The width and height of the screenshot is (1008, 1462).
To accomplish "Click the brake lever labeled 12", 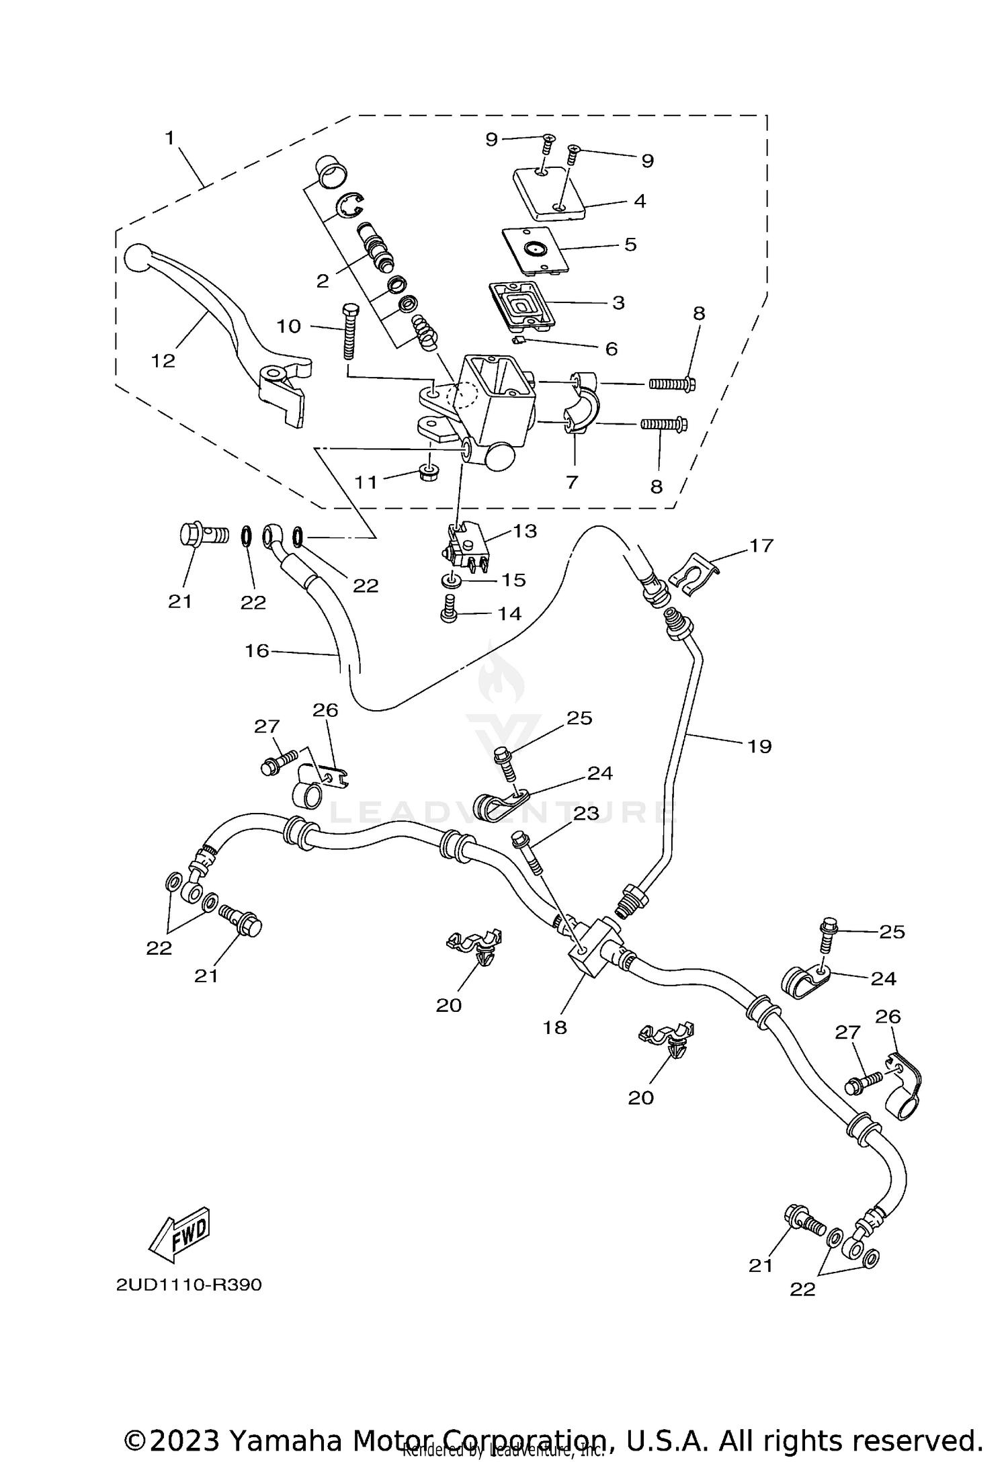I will [222, 316].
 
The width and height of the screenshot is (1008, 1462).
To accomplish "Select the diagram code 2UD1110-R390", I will [189, 1285].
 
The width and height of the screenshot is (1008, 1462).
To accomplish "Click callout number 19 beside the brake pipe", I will [759, 746].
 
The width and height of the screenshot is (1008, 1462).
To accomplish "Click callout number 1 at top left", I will [170, 138].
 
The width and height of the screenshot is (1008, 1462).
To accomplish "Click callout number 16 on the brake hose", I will [257, 650].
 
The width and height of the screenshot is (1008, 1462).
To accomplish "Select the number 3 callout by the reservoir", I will [618, 303].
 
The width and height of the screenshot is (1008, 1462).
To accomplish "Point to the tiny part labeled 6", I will [518, 342].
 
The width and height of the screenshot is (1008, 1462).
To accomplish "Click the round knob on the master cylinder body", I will [499, 457].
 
